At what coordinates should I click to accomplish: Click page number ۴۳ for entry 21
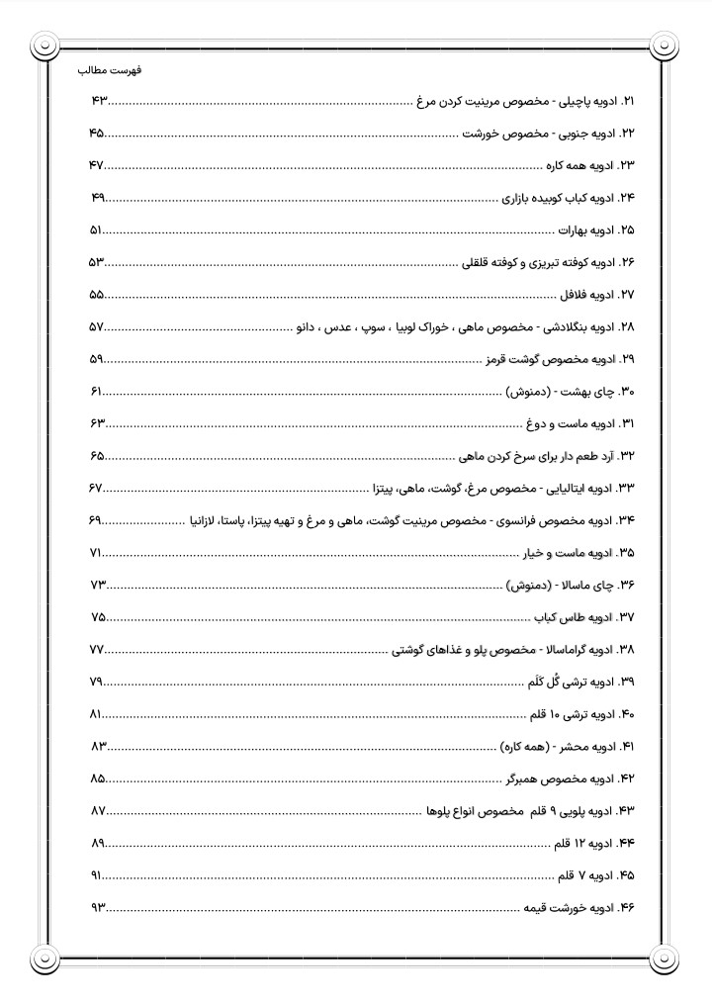click(97, 102)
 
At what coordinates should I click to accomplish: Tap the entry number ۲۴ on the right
click(625, 198)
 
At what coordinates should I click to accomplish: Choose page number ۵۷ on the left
click(97, 327)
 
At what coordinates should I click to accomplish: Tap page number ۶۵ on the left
click(97, 456)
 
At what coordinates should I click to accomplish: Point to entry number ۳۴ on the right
click(625, 520)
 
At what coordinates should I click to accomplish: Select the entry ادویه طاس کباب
click(576, 618)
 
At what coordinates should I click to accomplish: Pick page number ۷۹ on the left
click(97, 683)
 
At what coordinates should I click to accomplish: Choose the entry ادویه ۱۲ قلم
click(583, 844)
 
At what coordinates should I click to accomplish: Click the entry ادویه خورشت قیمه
click(569, 908)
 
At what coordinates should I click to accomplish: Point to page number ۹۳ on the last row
click(97, 908)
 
